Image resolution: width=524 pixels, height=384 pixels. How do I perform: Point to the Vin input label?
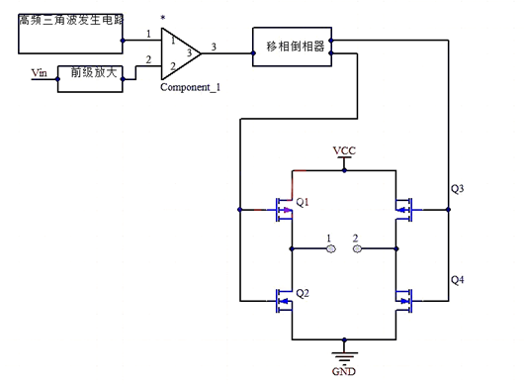point(40,71)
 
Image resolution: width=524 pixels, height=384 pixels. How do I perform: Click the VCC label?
point(344,150)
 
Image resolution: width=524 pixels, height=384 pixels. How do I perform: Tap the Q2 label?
point(303,294)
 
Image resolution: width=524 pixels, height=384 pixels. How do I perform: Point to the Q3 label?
point(457,187)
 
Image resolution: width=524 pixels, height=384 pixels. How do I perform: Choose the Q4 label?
point(457,280)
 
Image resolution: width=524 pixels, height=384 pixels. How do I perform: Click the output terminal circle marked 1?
point(332,248)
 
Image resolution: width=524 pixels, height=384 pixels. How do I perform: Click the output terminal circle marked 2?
point(357,248)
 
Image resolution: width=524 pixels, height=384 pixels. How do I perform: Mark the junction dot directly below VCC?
point(344,169)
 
